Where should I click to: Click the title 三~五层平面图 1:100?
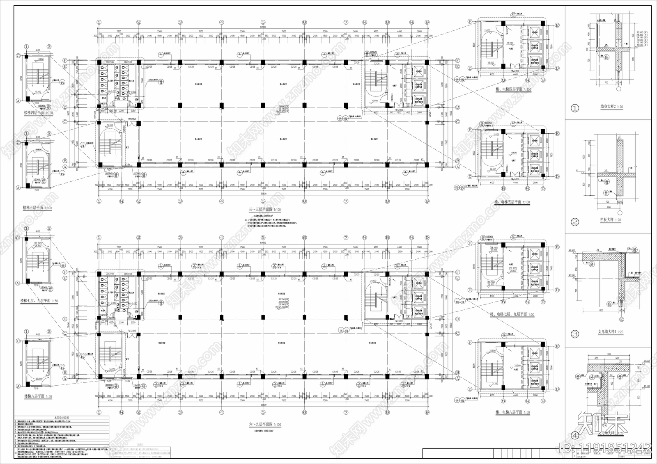(264, 210)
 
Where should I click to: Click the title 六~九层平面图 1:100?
(264, 425)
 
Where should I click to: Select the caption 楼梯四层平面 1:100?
(38, 112)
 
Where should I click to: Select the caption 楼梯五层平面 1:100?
(37, 208)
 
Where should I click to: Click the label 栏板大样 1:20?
(611, 220)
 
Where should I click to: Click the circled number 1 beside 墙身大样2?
(575, 109)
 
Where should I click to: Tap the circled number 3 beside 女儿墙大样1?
(575, 333)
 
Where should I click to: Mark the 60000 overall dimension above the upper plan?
(263, 27)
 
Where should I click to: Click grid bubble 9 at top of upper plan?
(427, 22)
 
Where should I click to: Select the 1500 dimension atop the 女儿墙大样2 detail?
(608, 353)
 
